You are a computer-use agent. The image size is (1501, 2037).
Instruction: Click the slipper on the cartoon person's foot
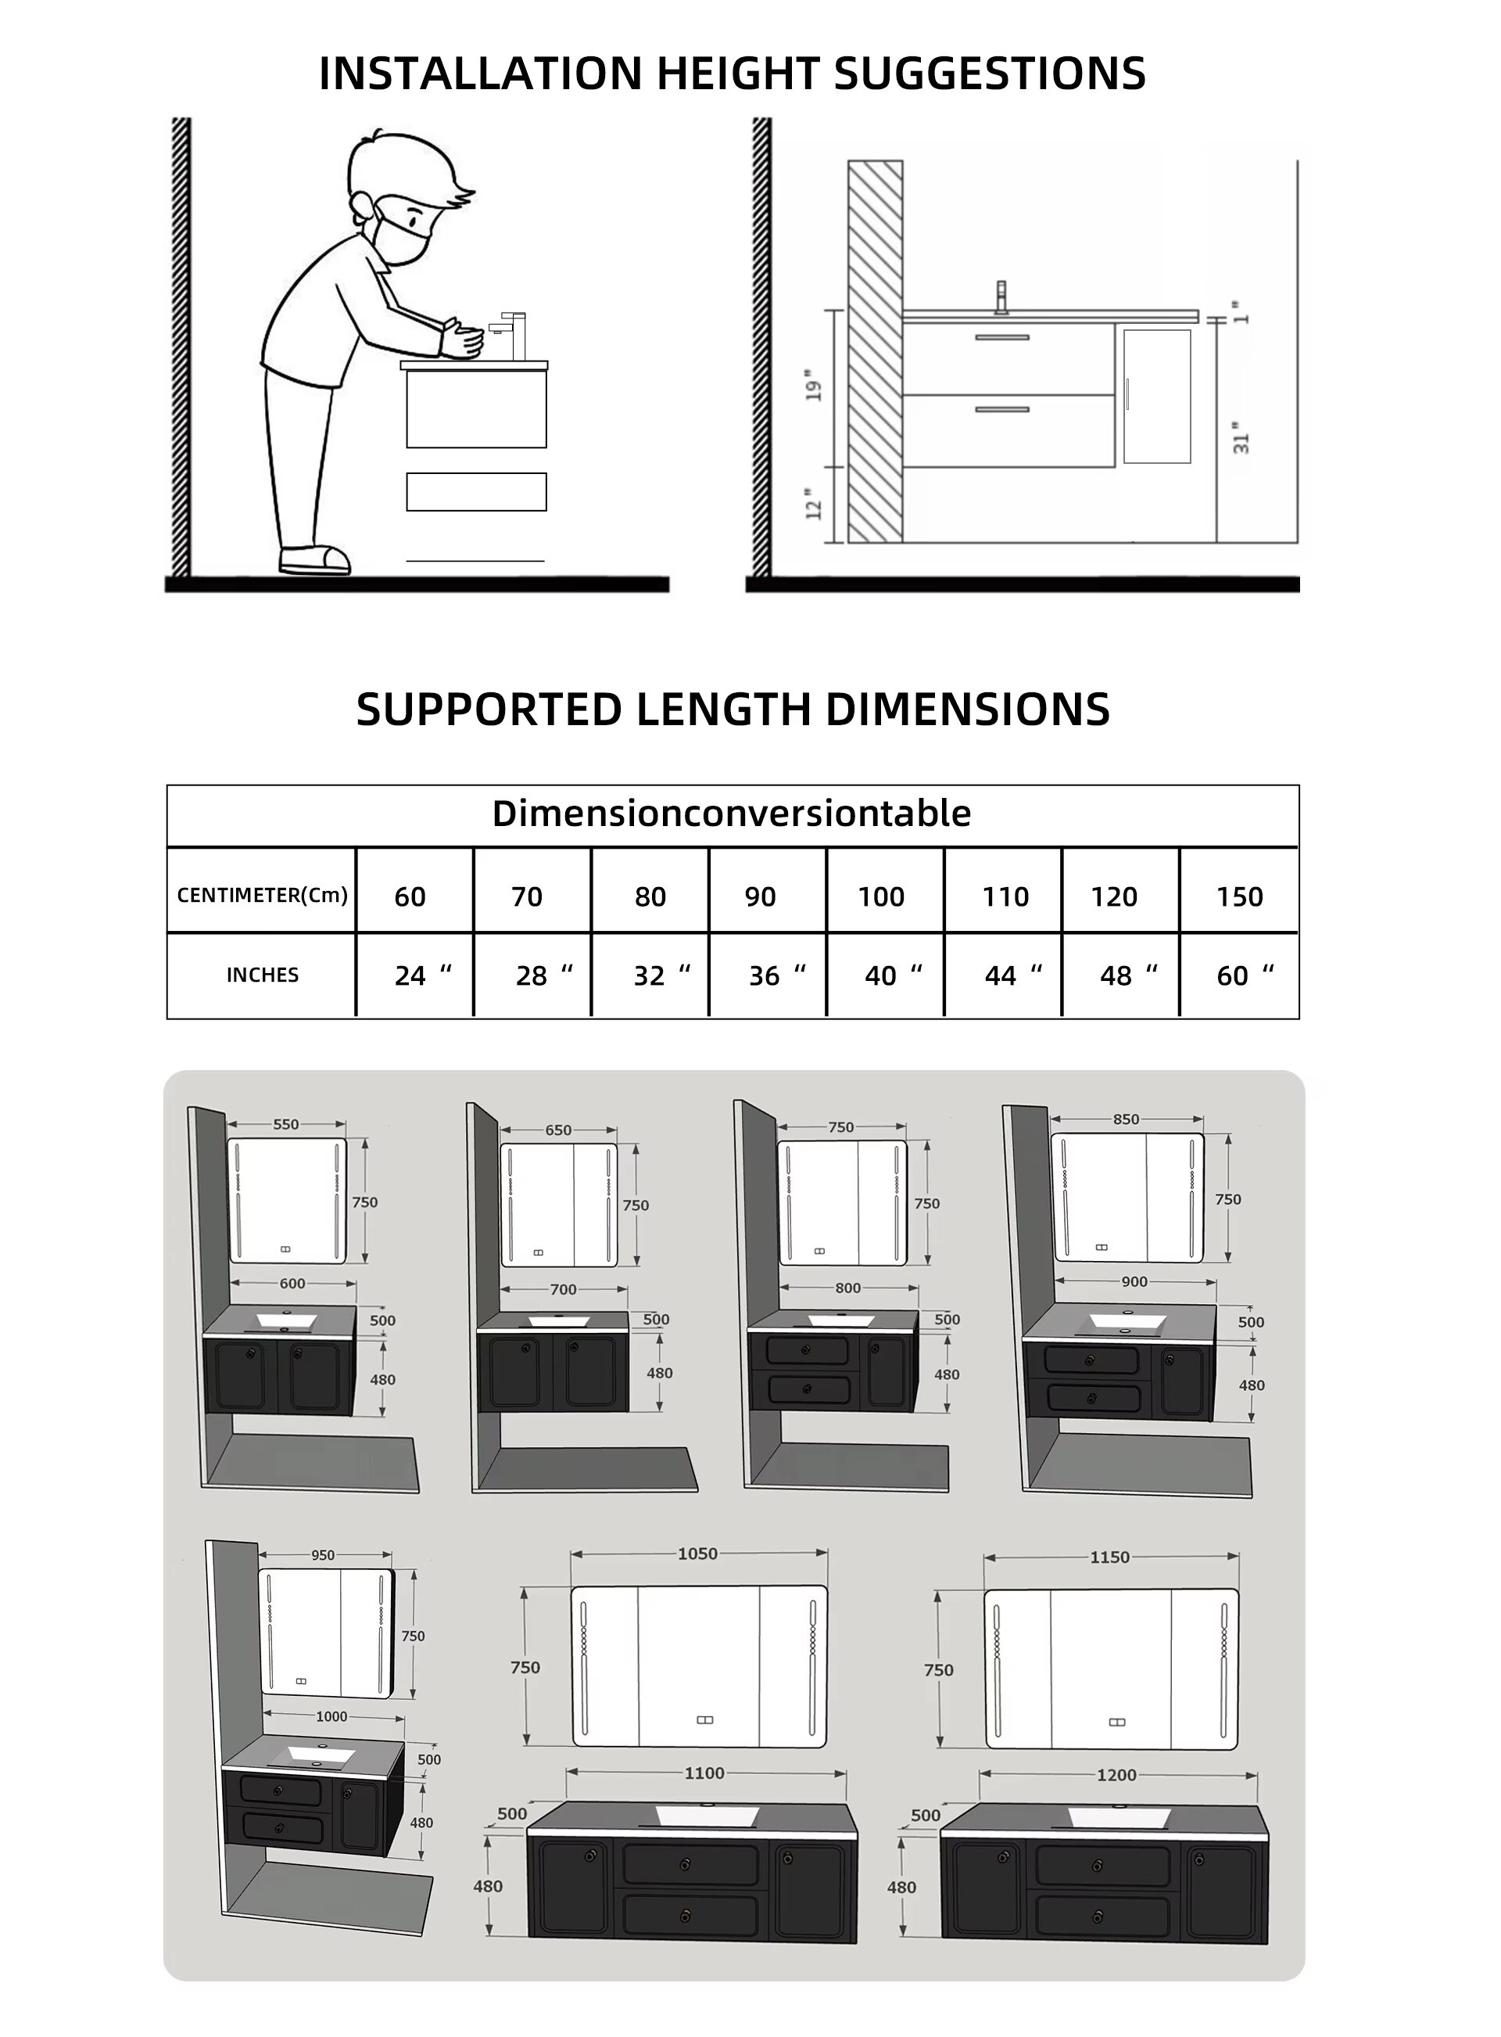click(x=314, y=559)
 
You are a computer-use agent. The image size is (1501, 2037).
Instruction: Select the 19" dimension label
click(x=814, y=386)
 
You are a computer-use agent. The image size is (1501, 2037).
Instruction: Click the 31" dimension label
click(x=1241, y=437)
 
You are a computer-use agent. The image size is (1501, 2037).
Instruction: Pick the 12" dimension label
click(x=814, y=509)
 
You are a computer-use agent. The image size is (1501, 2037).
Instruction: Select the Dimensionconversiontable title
click(x=732, y=814)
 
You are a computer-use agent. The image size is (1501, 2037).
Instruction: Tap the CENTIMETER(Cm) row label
click(x=262, y=896)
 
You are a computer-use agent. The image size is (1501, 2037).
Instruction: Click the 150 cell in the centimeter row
click(x=1239, y=897)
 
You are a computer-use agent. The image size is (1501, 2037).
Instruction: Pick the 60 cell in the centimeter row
click(x=410, y=897)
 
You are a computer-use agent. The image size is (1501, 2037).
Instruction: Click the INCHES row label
click(x=262, y=975)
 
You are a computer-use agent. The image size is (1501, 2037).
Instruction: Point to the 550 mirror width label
click(x=285, y=1124)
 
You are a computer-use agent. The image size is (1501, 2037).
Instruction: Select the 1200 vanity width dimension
click(x=1116, y=1775)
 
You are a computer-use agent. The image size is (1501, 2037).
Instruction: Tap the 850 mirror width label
click(x=1126, y=1120)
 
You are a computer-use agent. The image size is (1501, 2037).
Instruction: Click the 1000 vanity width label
click(x=331, y=1717)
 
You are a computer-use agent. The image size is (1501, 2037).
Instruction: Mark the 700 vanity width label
click(x=564, y=1290)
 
